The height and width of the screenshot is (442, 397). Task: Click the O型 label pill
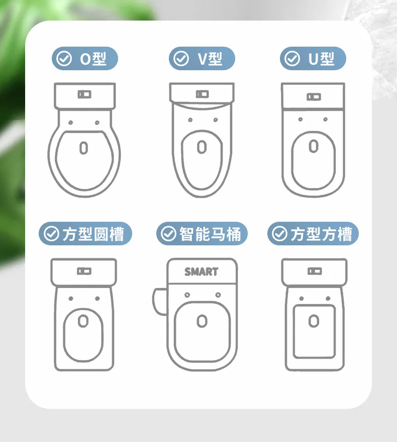coord(85,58)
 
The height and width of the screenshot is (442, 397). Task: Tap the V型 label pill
coord(202,58)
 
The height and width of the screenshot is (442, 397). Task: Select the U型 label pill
coord(313,58)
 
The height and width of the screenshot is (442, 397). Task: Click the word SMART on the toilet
coord(202,272)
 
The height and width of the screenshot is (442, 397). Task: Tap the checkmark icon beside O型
coord(64,59)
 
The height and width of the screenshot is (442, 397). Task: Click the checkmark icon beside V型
coord(181,59)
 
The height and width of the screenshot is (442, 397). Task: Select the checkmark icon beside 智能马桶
coord(168,234)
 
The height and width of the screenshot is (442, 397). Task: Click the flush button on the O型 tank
coord(84,94)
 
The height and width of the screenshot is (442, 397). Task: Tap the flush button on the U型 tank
coord(314,97)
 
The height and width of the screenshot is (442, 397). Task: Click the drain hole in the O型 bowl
coord(83,148)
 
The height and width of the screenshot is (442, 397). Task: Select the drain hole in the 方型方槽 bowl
coord(314,321)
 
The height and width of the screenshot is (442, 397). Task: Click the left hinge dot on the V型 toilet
coord(190,120)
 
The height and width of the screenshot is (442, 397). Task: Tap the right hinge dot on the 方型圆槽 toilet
coord(97,299)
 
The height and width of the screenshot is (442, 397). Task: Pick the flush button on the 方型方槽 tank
coord(315,271)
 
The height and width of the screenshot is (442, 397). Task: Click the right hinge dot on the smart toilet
coord(218,295)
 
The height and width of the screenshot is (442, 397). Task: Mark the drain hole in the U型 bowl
coord(314,146)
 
